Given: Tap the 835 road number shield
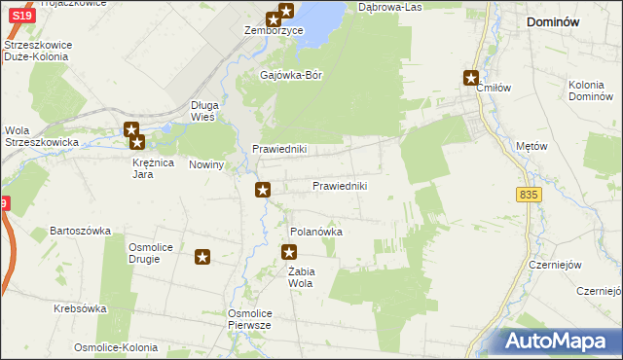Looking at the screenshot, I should (x=529, y=196).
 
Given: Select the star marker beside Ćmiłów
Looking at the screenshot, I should (x=472, y=79).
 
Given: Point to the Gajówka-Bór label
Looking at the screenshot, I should (x=291, y=74).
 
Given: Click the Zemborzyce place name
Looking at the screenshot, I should (x=274, y=31).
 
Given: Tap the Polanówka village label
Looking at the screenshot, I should (x=316, y=233).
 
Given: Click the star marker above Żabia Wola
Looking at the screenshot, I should (x=289, y=253).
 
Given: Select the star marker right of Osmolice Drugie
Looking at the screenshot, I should (x=202, y=257).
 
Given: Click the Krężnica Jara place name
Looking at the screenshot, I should (x=153, y=168).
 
